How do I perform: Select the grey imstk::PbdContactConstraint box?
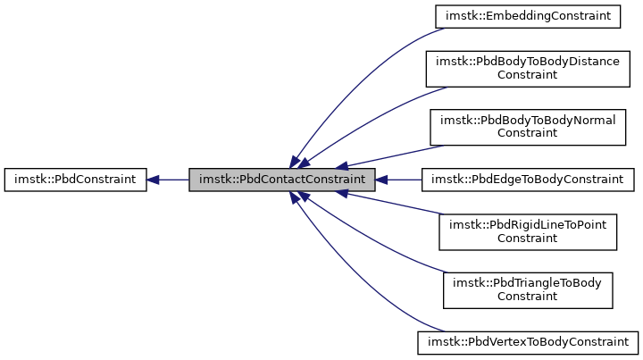(281, 180)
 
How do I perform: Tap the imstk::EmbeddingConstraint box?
(527, 15)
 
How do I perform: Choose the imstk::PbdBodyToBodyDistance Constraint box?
(527, 68)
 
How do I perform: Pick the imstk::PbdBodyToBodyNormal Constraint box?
(527, 127)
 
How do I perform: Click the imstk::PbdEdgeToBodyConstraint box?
(527, 180)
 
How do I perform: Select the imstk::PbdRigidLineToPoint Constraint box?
(527, 231)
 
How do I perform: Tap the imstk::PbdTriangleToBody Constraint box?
(527, 289)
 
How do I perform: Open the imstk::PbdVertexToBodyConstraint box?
(527, 342)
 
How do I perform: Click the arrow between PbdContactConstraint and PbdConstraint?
(172, 180)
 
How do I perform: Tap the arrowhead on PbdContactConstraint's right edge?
(381, 180)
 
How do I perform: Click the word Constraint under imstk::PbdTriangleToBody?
(527, 297)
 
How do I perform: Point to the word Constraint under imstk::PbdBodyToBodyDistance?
(527, 75)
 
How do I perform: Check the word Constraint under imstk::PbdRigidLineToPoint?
(527, 239)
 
